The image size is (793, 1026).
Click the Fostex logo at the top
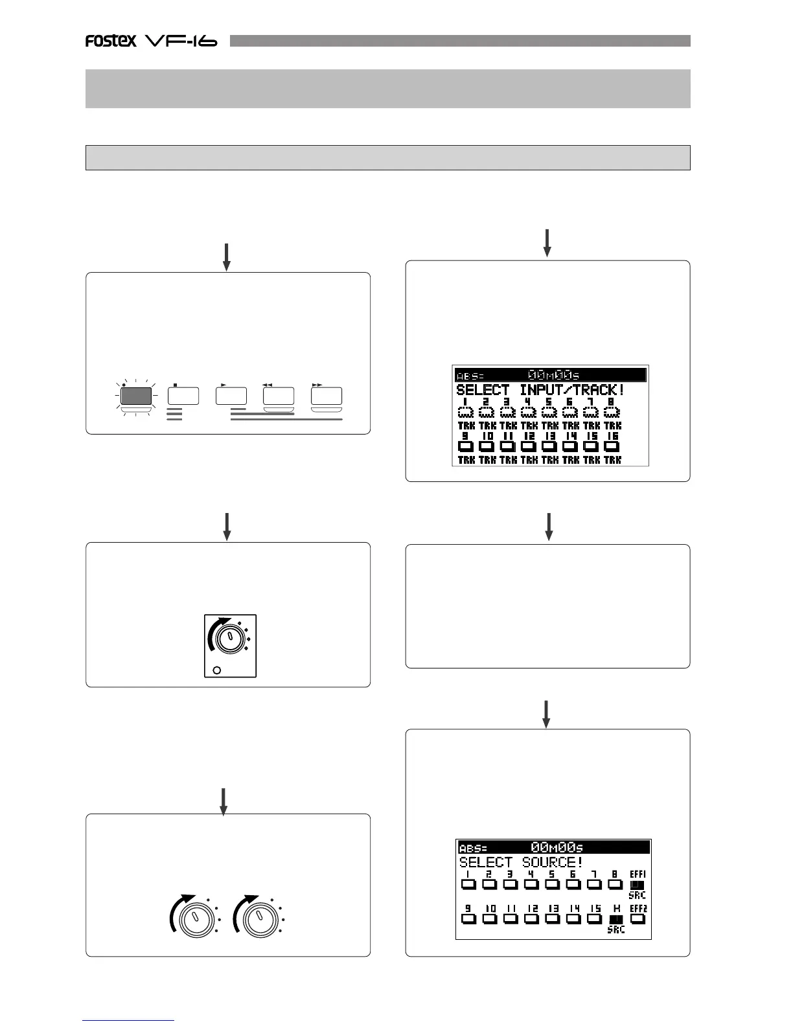click(x=111, y=41)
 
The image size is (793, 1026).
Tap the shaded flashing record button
click(x=136, y=396)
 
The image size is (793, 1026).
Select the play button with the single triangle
click(x=231, y=396)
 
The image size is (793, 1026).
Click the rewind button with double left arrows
click(x=279, y=396)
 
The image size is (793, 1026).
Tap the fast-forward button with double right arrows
click(x=327, y=396)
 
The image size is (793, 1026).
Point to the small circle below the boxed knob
click(x=216, y=670)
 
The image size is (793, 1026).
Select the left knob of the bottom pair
click(x=193, y=919)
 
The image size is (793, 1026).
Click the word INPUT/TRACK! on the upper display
click(x=572, y=391)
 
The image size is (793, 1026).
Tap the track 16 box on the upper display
click(x=612, y=446)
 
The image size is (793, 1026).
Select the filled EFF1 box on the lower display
click(x=637, y=884)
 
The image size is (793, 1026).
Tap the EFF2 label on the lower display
click(x=638, y=909)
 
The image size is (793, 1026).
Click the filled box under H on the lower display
click(x=616, y=919)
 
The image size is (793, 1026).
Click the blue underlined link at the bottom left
click(x=128, y=1020)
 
